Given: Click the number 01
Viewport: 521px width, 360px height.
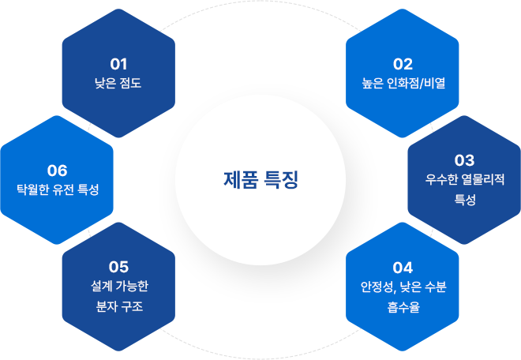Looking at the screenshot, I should [118, 63].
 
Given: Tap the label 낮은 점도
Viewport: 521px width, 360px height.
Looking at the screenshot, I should [118, 83].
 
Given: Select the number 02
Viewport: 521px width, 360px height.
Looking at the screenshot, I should [403, 63].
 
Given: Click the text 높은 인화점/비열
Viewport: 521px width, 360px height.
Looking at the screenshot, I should [403, 83].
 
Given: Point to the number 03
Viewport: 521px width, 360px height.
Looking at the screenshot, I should [465, 159].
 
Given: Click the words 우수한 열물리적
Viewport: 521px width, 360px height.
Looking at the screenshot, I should [465, 179].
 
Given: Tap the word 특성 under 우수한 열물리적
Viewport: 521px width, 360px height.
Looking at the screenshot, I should [465, 200].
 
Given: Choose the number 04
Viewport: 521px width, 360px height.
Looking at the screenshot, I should [403, 267].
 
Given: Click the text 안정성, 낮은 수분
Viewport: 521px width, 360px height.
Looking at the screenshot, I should [403, 287].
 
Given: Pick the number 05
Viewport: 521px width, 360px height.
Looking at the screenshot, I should [118, 267].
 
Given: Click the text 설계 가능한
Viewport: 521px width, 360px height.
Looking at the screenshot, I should [118, 287].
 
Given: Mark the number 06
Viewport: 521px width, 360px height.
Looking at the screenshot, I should [58, 170].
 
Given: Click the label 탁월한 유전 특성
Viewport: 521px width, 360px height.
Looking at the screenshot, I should [58, 190].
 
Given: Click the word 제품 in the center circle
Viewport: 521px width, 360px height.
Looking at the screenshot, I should [239, 179].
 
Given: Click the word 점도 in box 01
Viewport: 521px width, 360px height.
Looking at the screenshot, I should [129, 83].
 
